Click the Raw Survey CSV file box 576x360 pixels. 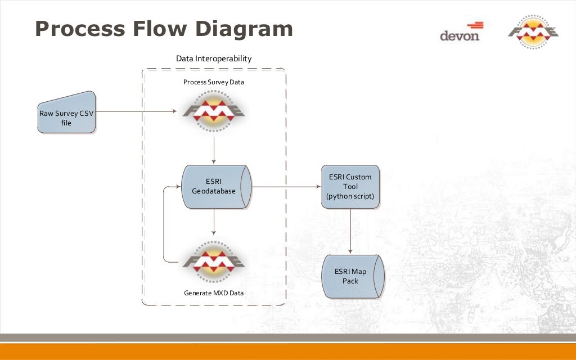[66, 113]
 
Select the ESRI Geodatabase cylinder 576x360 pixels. [214, 187]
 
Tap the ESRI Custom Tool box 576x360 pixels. [350, 187]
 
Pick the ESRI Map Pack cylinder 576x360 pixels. [351, 276]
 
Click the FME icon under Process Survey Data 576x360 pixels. [214, 111]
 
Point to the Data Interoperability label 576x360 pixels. [214, 58]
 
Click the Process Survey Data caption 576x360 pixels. [214, 82]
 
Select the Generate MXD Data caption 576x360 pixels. [214, 293]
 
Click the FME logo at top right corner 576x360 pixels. [533, 33]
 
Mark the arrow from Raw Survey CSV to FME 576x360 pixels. [135, 111]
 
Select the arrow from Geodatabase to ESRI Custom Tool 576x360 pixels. [284, 187]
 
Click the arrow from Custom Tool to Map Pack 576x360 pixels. [351, 231]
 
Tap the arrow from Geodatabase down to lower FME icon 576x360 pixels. [214, 222]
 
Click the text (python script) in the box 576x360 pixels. [350, 197]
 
